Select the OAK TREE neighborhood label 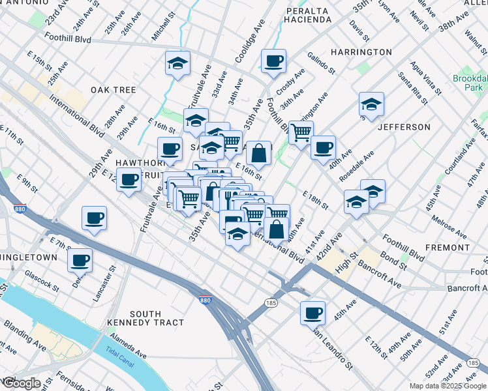(113, 90)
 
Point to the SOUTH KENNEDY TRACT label (154, 319)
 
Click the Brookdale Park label (470, 83)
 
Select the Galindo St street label (320, 63)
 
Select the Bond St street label (393, 262)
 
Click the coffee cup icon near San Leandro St (313, 312)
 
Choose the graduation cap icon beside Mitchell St (177, 63)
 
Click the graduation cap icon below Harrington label (371, 104)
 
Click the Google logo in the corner (20, 383)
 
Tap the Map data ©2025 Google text (447, 386)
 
